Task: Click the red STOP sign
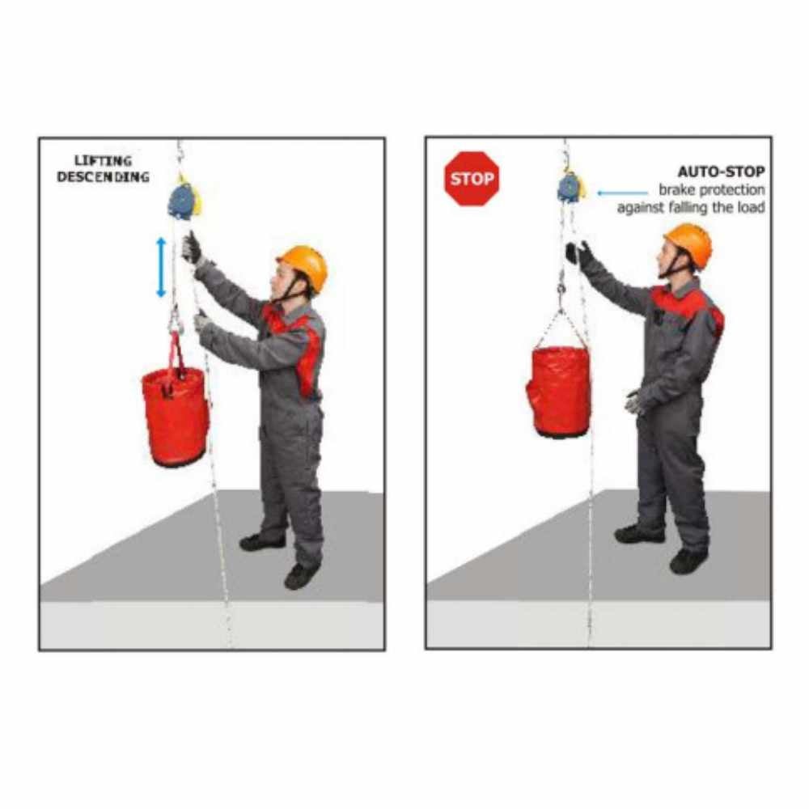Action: pyautogui.click(x=472, y=179)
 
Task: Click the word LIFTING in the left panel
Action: pyautogui.click(x=104, y=161)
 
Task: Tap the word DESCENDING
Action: pyautogui.click(x=104, y=177)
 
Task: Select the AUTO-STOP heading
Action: pyautogui.click(x=721, y=172)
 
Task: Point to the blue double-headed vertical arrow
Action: pyautogui.click(x=162, y=267)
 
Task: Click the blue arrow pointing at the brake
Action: pyautogui.click(x=622, y=193)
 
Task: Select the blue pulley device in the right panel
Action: pyautogui.click(x=571, y=188)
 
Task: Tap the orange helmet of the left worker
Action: pyautogui.click(x=303, y=267)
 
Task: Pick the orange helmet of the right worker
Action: pyautogui.click(x=689, y=245)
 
